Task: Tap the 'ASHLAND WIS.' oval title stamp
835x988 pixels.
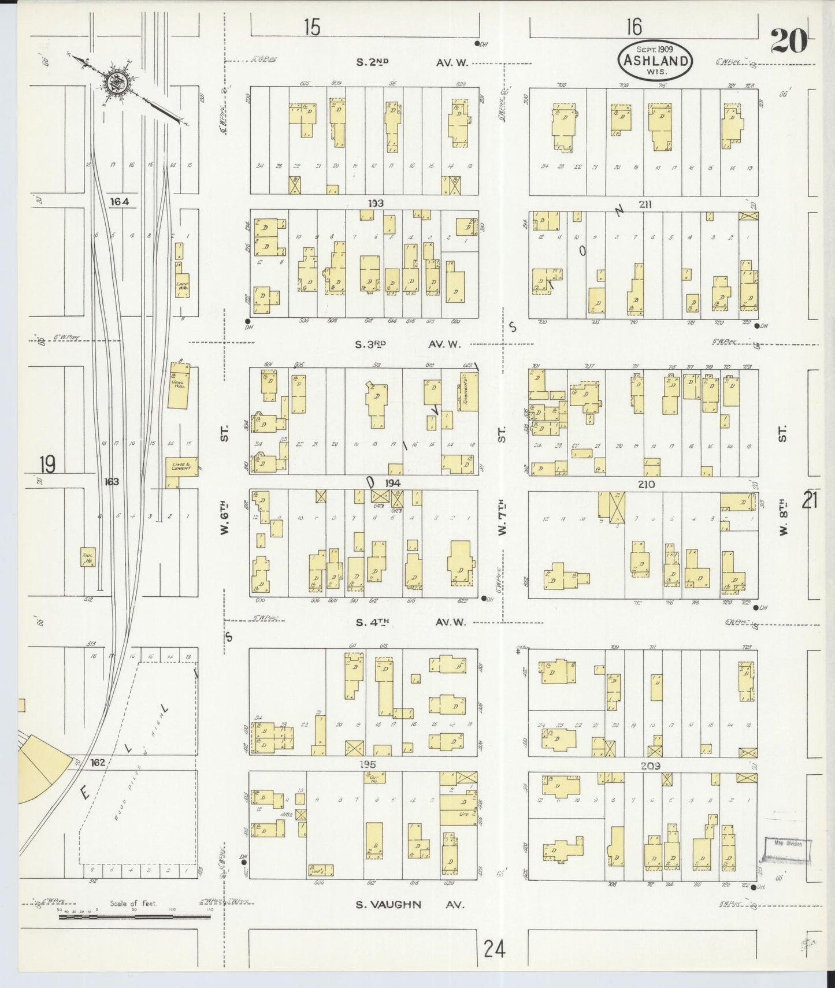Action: coord(654,60)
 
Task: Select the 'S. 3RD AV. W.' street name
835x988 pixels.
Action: coord(407,344)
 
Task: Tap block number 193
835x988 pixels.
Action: coord(375,203)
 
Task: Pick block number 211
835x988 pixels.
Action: coord(645,203)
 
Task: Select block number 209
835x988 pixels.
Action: coord(650,766)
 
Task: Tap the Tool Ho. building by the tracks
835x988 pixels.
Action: coord(88,556)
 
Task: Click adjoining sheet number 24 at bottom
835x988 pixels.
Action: coord(496,949)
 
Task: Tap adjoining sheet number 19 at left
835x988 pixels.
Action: coord(47,464)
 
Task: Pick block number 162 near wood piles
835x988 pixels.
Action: coord(98,763)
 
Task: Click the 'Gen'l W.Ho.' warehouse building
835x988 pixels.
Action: coord(179,387)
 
